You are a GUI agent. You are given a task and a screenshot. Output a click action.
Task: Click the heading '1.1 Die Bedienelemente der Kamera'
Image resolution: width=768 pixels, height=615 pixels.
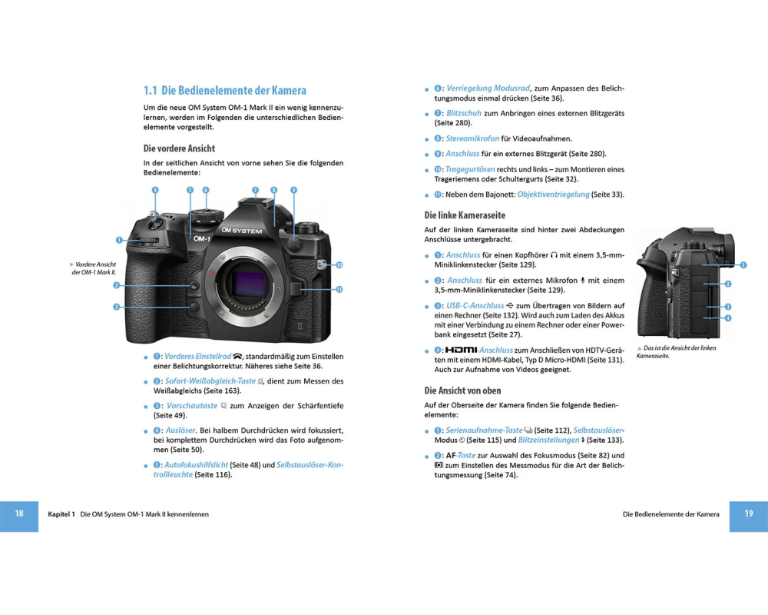pos(225,90)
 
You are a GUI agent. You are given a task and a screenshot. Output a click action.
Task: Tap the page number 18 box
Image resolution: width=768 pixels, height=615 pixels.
pos(19,516)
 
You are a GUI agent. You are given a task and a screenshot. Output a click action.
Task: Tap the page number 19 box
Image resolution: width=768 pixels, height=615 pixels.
pos(748,516)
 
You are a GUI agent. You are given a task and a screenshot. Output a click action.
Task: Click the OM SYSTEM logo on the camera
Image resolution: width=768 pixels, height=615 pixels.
pos(241,231)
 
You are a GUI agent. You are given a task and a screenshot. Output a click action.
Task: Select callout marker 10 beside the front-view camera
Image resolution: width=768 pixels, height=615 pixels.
pos(339,264)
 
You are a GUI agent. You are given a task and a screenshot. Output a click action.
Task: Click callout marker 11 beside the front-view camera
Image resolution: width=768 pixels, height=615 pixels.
pos(339,289)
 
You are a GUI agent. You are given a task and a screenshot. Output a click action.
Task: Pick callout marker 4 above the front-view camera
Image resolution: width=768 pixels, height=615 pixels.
pos(155,190)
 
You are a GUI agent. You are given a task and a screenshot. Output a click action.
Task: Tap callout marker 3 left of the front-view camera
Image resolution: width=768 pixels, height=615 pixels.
pos(117,307)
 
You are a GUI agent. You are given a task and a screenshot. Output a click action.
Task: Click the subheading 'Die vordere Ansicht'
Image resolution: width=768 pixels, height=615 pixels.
pos(179,148)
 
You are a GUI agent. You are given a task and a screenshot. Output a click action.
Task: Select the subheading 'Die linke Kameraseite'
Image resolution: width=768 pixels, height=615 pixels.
pos(465,214)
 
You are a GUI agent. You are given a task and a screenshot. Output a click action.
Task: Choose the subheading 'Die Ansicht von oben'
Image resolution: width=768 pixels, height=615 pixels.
pos(462,391)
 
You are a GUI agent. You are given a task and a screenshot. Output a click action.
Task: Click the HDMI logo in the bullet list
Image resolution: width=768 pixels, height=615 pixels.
pos(461,350)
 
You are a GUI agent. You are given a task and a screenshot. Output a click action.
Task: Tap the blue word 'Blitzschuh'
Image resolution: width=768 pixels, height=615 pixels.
pos(464,113)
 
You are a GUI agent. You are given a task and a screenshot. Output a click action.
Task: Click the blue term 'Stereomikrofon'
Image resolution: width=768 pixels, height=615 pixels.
pos(472,138)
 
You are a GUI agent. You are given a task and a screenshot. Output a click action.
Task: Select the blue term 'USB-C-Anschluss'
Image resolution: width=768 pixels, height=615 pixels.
pos(475,305)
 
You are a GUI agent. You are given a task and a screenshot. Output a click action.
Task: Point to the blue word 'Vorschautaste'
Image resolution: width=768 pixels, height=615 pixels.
pos(192,406)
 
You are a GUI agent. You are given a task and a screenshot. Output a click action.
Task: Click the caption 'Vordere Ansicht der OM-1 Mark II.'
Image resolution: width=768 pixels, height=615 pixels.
pos(94,268)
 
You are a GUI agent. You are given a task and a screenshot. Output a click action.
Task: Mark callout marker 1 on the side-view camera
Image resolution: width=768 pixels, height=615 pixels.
pos(743,264)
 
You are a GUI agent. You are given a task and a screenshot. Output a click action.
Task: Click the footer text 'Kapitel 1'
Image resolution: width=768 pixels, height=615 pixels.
pos(61,514)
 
